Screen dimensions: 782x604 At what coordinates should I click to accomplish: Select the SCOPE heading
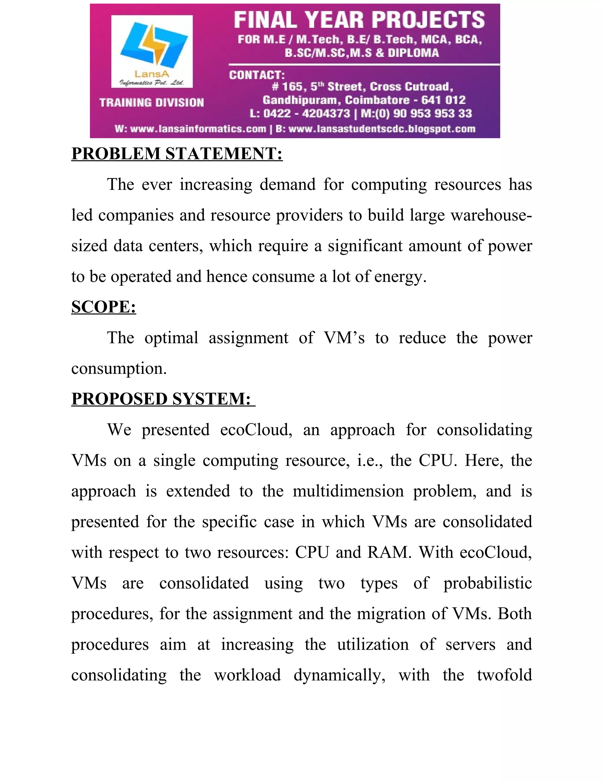point(104,307)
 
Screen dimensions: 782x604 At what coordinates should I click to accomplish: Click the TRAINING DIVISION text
point(152,103)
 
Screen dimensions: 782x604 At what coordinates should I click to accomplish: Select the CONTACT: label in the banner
point(257,75)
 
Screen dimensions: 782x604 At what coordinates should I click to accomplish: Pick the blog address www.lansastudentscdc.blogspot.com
point(382,129)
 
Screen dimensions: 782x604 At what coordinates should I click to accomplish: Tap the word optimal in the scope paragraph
point(171,338)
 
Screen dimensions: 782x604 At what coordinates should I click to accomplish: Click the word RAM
point(389,552)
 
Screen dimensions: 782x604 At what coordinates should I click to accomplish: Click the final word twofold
point(505,675)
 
